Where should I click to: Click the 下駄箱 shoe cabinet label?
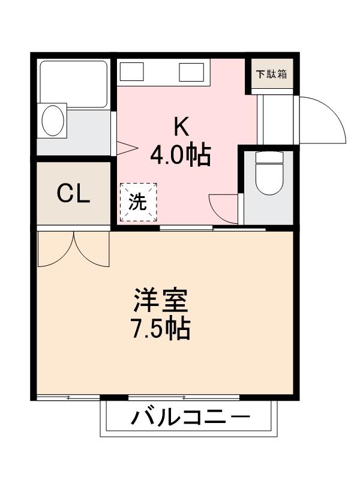(271, 75)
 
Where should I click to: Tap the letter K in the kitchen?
(181, 126)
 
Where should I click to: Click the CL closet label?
(73, 193)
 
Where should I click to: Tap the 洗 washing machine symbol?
(138, 202)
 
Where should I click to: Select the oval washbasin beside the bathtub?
(54, 121)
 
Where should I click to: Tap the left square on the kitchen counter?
(131, 72)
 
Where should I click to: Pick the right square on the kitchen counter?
(193, 72)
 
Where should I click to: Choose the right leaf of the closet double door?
(92, 249)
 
